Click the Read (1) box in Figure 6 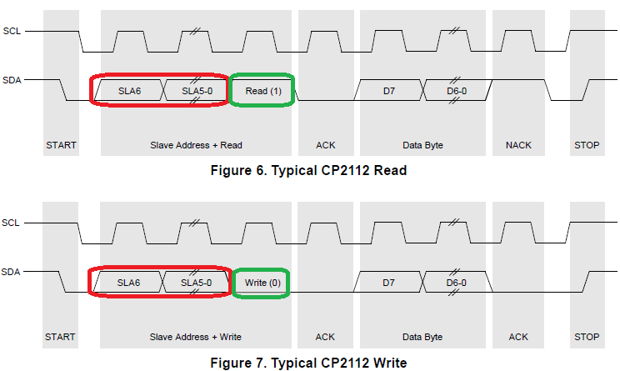coord(262,91)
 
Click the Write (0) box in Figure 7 coord(262,283)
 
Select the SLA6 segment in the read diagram coord(128,91)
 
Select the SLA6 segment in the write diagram coord(128,283)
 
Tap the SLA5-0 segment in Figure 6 coord(197,91)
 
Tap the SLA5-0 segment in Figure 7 coord(197,283)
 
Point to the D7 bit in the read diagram coord(388,91)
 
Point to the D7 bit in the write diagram coord(388,283)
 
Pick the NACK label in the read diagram coord(518,145)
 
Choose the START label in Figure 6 coord(61,145)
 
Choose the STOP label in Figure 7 coord(587,337)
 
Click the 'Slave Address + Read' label coord(196,145)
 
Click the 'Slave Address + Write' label coord(196,337)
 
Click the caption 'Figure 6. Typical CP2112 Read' coord(309,171)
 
